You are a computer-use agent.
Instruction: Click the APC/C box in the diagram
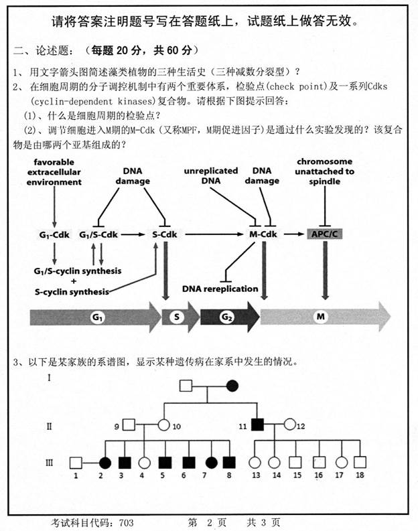click(x=324, y=234)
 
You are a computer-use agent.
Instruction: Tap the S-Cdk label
click(x=163, y=234)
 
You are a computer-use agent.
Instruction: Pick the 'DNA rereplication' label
click(x=220, y=289)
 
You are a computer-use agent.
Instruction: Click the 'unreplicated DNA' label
click(x=210, y=175)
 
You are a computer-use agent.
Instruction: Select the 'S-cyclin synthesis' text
click(x=72, y=292)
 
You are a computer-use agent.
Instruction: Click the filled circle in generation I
click(x=233, y=386)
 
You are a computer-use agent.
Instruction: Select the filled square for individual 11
click(x=257, y=425)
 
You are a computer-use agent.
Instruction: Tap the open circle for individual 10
click(x=163, y=425)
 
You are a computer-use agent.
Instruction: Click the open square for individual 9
click(x=130, y=425)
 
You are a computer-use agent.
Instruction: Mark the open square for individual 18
click(x=360, y=462)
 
